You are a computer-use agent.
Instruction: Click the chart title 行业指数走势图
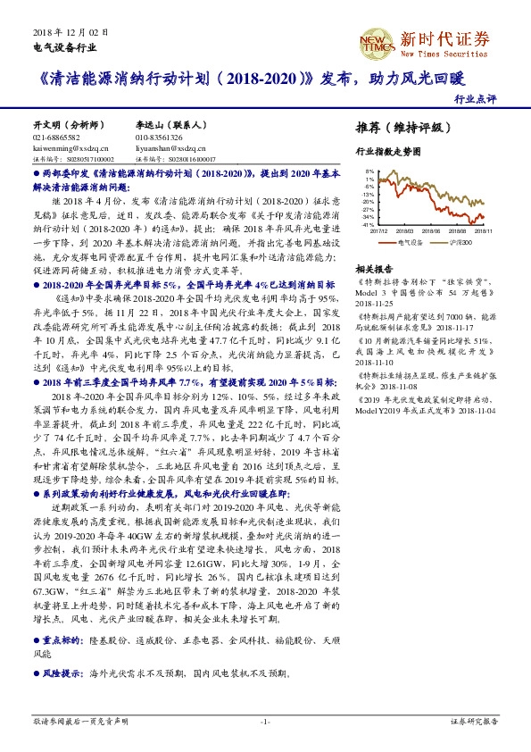pos(387,153)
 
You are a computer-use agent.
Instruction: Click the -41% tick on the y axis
pos(369,224)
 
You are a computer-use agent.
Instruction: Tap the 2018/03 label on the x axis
pos(417,230)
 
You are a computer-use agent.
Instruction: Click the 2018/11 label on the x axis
pos(485,230)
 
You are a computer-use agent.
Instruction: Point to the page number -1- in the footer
pos(265,720)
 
